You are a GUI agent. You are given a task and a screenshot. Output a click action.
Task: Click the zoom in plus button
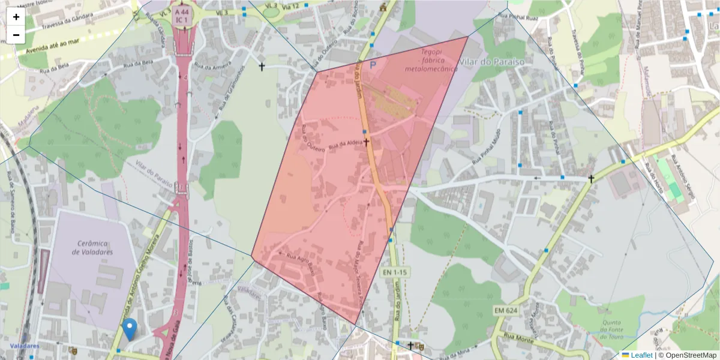(16, 17)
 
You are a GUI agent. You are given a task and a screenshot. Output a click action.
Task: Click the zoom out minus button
(16, 35)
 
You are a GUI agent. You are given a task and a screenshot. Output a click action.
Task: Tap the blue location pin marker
(129, 329)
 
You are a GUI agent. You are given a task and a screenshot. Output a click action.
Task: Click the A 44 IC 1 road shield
(182, 16)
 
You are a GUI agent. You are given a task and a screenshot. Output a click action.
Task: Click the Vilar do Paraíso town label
(491, 62)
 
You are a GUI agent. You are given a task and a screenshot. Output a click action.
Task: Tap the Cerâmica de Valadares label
(92, 248)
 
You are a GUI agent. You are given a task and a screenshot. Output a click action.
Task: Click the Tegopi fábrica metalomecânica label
(431, 61)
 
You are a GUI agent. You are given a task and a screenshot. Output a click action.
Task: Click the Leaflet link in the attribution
(641, 355)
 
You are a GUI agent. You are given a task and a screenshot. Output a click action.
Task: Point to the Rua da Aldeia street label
(345, 143)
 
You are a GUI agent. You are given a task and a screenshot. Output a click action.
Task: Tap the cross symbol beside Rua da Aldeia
(366, 143)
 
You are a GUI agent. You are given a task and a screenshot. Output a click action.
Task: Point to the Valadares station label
(25, 346)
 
